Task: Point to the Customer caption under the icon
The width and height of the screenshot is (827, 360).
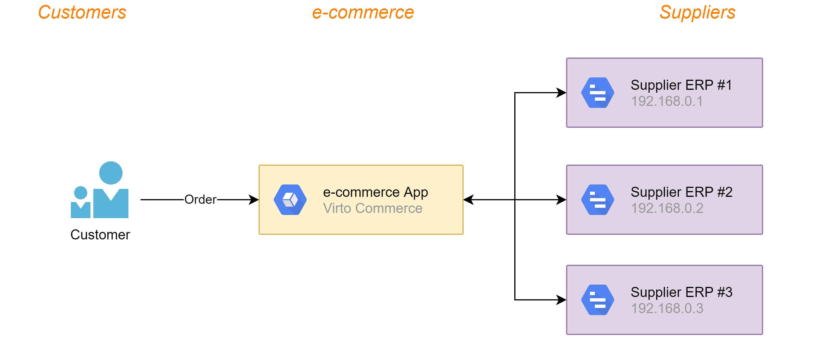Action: tap(100, 235)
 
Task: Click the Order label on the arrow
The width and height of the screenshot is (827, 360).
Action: tap(200, 200)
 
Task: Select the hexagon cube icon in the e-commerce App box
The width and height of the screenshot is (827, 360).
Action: tap(290, 200)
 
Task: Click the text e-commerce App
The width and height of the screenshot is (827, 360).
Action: tap(375, 192)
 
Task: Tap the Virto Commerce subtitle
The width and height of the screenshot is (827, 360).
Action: tap(372, 209)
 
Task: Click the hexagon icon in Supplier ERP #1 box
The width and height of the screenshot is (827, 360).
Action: tap(598, 93)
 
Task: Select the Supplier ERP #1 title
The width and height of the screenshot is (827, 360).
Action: tap(681, 85)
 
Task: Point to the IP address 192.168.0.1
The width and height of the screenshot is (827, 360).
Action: tap(667, 101)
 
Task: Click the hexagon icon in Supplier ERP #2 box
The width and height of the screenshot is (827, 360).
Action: tap(598, 200)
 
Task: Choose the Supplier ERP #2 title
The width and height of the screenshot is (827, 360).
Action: tap(681, 192)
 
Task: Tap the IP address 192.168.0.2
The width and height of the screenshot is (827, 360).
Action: tap(667, 209)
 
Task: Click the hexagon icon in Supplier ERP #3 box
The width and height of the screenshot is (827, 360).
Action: tap(598, 300)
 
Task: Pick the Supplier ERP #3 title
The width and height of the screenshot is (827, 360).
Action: tap(681, 292)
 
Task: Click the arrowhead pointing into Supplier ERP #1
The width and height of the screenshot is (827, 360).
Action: tap(562, 93)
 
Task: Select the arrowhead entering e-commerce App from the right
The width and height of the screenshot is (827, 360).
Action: tap(468, 200)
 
